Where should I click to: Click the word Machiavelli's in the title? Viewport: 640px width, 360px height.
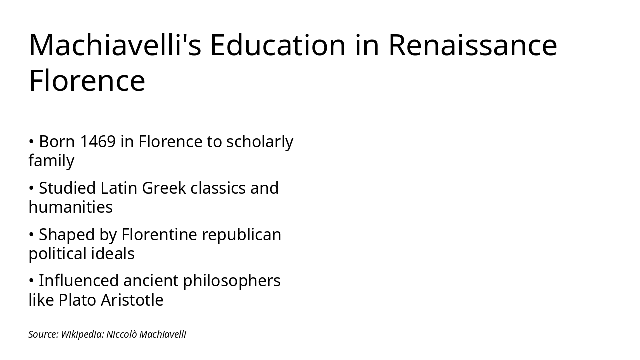(115, 45)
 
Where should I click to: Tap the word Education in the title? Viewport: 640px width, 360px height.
(278, 45)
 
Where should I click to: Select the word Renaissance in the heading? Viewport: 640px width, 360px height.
(472, 45)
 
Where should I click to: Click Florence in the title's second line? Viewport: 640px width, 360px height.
(87, 81)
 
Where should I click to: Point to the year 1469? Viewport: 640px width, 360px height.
(98, 142)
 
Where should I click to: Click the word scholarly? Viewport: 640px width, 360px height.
(260, 142)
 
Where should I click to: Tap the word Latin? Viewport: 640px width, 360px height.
(119, 188)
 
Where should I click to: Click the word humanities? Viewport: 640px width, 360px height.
(71, 207)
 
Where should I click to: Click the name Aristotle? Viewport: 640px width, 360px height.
(132, 300)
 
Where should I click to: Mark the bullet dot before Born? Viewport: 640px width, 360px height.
(31, 142)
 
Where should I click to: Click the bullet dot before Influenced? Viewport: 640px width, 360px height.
(31, 281)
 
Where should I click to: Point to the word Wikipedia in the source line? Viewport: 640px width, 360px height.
(82, 334)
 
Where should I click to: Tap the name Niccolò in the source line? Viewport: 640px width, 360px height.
(121, 334)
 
